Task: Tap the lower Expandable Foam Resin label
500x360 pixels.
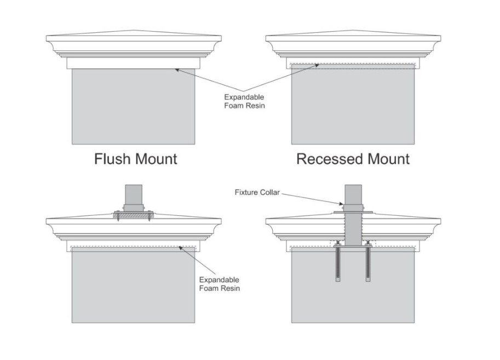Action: point(219,284)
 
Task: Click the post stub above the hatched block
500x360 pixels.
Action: point(133,196)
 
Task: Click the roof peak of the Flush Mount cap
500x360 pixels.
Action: point(133,31)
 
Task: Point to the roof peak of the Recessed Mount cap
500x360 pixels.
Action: point(353,31)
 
